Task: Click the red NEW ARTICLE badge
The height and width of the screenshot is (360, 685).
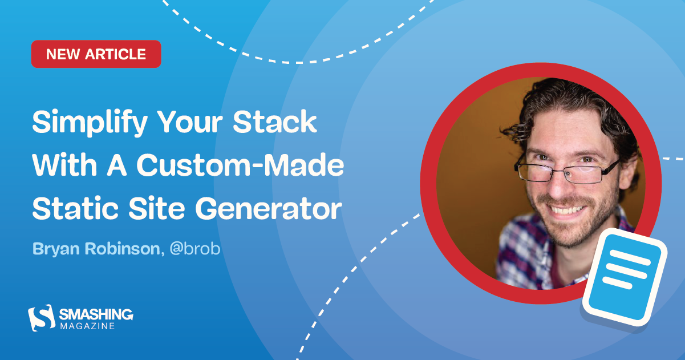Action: click(96, 54)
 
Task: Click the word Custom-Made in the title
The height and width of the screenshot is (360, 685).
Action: click(240, 165)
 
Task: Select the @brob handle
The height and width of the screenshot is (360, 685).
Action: click(191, 249)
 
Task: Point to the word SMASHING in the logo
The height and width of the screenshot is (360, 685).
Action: click(96, 314)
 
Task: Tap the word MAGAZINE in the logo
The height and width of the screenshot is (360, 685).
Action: click(87, 326)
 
